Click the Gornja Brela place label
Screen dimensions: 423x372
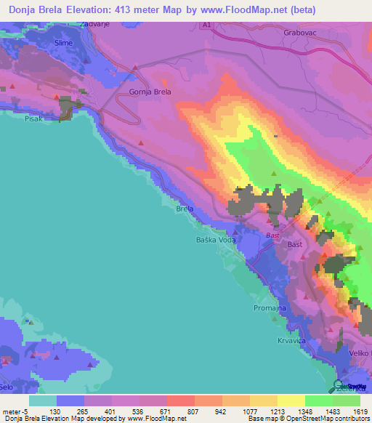pos(150,92)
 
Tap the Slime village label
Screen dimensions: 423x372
pos(63,44)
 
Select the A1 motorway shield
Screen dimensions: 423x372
pos(206,24)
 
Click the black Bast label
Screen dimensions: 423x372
pos(295,245)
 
